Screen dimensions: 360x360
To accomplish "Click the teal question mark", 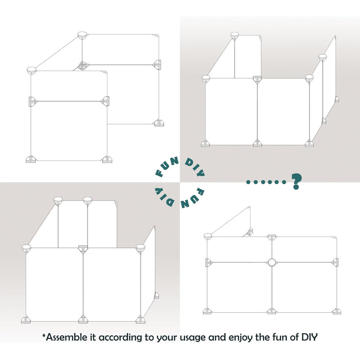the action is pyautogui.click(x=296, y=181).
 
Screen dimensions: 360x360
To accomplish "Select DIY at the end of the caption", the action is pyautogui.click(x=310, y=337).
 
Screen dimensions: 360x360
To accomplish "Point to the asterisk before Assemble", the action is pyautogui.click(x=44, y=335).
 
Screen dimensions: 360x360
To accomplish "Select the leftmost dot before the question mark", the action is pyautogui.click(x=248, y=182).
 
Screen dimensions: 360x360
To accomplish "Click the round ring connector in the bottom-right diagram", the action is pyautogui.click(x=272, y=262).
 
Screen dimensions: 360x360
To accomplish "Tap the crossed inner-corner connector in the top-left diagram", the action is pyautogui.click(x=82, y=66).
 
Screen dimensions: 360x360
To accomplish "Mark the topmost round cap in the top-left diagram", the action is pyautogui.click(x=82, y=35).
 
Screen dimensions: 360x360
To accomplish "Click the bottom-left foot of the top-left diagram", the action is pyautogui.click(x=30, y=159).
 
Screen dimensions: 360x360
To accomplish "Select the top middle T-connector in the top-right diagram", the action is pyautogui.click(x=257, y=79).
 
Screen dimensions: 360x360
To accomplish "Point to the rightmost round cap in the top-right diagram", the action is pyautogui.click(x=322, y=57).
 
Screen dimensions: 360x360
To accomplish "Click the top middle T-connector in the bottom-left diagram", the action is pyautogui.click(x=83, y=248).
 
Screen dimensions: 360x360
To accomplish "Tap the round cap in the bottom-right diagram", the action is pyautogui.click(x=208, y=236).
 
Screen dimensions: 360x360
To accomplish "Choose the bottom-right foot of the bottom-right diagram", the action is pyautogui.click(x=336, y=311).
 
